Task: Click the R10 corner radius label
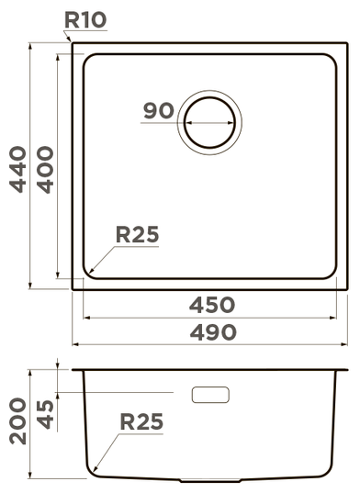(85, 20)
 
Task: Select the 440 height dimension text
(18, 169)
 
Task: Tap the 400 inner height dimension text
(45, 170)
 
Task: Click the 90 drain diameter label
(159, 110)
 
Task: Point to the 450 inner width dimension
(212, 305)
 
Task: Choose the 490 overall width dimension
(213, 332)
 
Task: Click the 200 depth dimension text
(18, 421)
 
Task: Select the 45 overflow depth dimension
(45, 414)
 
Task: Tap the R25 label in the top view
(138, 234)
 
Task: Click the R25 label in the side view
(141, 421)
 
